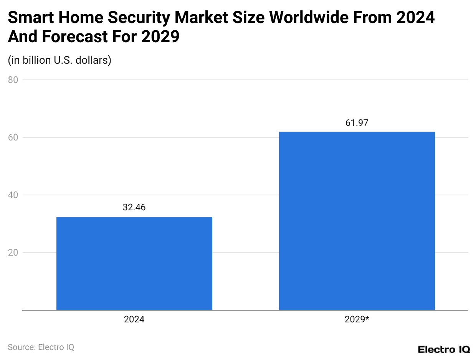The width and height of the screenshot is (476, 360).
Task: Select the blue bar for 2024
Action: pyautogui.click(x=134, y=263)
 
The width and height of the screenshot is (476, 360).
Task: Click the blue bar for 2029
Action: pyautogui.click(x=357, y=221)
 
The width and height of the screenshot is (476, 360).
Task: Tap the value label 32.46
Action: pyautogui.click(x=134, y=207)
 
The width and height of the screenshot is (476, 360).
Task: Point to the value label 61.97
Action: pyautogui.click(x=357, y=123)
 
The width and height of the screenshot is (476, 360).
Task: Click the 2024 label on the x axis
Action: pyautogui.click(x=134, y=319)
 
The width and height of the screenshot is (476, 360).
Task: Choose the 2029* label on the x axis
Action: pyautogui.click(x=357, y=319)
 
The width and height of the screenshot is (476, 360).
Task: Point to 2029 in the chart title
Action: pyautogui.click(x=160, y=37)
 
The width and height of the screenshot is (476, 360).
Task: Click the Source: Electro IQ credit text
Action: pyautogui.click(x=41, y=347)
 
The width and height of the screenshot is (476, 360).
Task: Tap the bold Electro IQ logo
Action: pyautogui.click(x=443, y=349)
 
